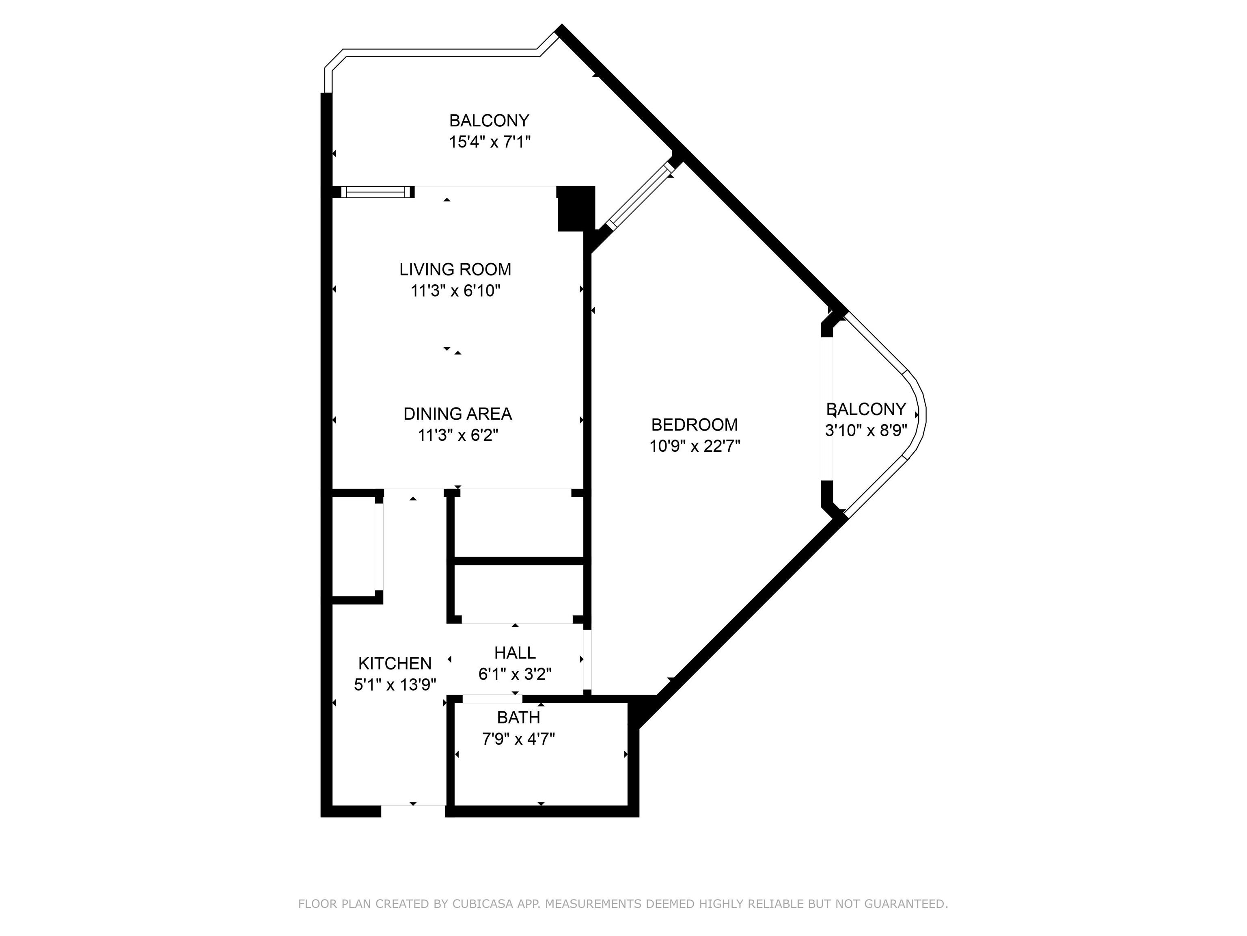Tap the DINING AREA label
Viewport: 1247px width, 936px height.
click(x=458, y=414)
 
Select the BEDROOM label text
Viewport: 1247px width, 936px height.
click(x=695, y=425)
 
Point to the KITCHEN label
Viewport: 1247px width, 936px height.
click(x=395, y=663)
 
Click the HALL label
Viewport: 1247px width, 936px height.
click(x=515, y=653)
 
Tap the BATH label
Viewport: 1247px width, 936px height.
click(x=519, y=718)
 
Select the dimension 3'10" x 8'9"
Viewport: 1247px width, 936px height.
click(x=866, y=431)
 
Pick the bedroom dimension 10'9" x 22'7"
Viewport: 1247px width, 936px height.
click(x=695, y=446)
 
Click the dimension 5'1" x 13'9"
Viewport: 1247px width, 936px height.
click(x=395, y=685)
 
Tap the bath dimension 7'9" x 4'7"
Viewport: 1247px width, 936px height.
click(x=519, y=739)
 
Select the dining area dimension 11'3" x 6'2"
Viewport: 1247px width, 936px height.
click(x=458, y=435)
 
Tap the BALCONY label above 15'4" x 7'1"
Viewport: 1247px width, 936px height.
click(x=489, y=121)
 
